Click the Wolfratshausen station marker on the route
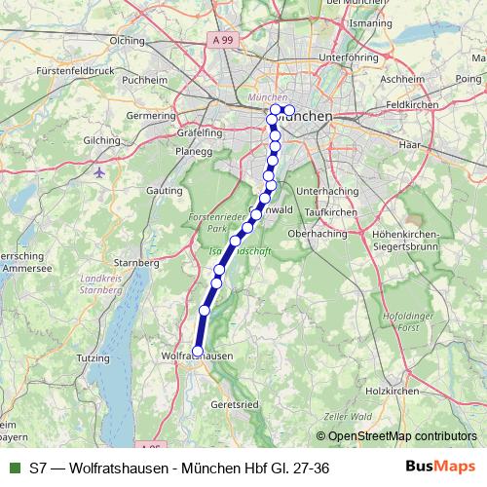point(198,352)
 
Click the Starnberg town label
point(136,263)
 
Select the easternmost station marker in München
point(289,109)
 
